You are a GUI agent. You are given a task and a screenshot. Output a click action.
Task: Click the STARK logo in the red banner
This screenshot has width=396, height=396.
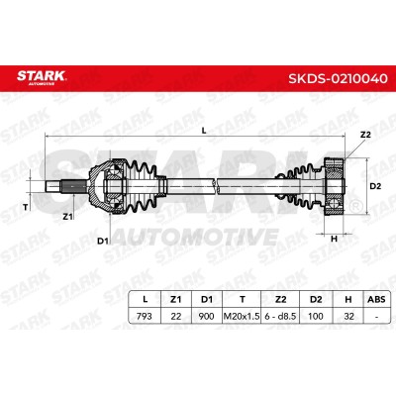[42, 77]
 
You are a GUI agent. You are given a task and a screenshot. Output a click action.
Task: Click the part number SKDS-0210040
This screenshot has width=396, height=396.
[338, 78]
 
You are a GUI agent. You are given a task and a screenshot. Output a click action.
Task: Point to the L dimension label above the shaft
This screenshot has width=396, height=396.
[204, 131]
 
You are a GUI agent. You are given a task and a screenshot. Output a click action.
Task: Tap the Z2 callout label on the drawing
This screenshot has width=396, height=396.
[365, 135]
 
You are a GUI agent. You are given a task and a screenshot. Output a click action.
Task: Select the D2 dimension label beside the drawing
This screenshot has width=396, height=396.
[375, 186]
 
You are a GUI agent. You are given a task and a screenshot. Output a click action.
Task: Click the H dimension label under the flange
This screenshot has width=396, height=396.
[334, 239]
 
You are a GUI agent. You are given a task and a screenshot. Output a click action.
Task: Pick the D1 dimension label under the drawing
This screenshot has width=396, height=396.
[103, 242]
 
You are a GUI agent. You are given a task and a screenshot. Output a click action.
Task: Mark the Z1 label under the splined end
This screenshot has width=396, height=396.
[67, 217]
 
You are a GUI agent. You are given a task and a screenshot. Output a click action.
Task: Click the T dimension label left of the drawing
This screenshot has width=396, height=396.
[25, 207]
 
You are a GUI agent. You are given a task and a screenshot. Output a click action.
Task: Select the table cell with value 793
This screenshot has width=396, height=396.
[145, 316]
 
